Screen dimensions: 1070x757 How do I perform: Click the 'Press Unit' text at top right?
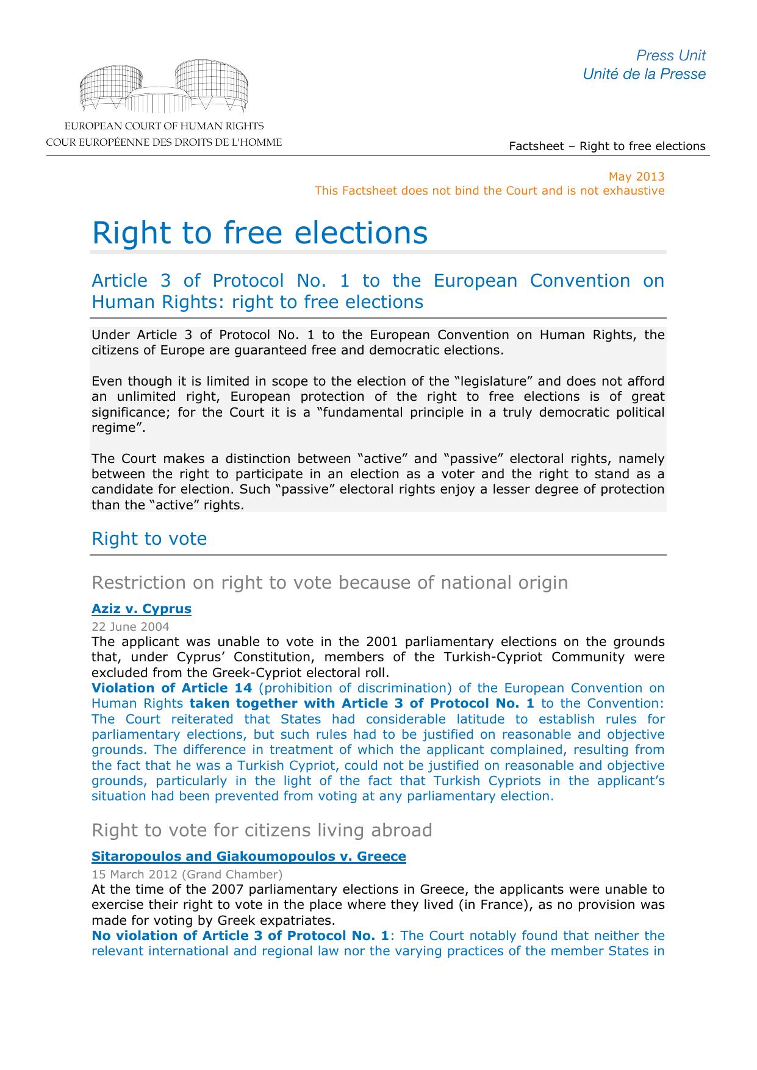tap(670, 56)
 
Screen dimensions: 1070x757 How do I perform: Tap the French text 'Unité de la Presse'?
tap(644, 74)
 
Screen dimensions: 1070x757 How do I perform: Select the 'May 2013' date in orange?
tap(636, 176)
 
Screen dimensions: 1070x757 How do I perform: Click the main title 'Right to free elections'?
tap(259, 232)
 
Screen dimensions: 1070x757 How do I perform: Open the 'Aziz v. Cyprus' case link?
tap(142, 608)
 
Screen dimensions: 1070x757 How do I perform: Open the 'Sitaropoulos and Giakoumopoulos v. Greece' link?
tap(248, 856)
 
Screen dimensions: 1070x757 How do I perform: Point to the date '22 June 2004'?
tap(131, 627)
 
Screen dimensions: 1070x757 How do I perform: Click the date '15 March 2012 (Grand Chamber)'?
tap(187, 874)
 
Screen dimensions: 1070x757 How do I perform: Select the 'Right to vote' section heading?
tap(149, 539)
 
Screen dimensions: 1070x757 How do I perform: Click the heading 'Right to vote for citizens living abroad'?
tap(262, 830)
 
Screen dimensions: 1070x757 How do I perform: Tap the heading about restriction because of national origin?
tap(329, 583)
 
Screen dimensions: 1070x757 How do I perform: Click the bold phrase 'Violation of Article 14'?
tap(171, 688)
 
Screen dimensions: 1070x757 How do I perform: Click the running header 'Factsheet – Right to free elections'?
tap(607, 146)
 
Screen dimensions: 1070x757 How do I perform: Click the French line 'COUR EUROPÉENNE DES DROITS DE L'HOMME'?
tap(163, 143)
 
